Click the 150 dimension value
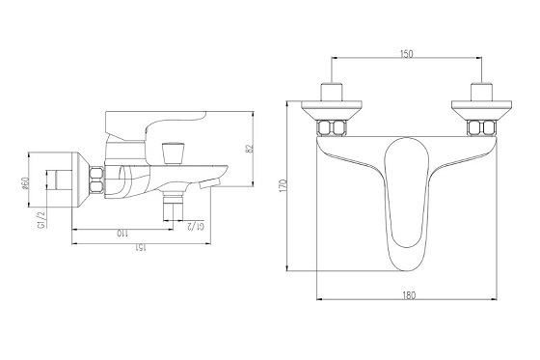pos(406,54)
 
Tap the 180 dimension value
pos(409,295)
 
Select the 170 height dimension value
pos(283,186)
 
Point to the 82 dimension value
pos(251,148)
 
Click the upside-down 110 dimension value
pos(122,234)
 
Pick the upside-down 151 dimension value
pos(141,248)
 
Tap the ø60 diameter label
pos(24,183)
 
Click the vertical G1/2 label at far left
pos(41,220)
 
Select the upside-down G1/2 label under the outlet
pos(195,226)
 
